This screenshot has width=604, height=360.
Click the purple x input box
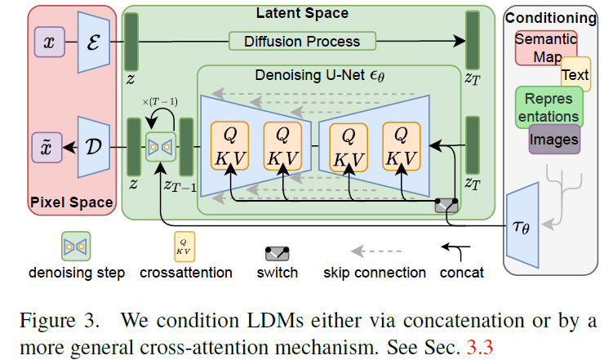tap(48, 42)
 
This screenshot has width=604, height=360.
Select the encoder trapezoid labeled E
tap(92, 42)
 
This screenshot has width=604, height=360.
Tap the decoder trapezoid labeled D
tap(92, 147)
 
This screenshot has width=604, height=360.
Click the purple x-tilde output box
tap(48, 147)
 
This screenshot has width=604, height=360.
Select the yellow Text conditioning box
tap(575, 75)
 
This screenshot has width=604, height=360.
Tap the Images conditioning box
tap(554, 140)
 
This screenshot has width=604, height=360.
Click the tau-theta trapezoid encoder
tap(523, 226)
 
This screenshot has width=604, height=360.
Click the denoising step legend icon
tap(77, 245)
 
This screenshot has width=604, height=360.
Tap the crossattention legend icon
tap(185, 245)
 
